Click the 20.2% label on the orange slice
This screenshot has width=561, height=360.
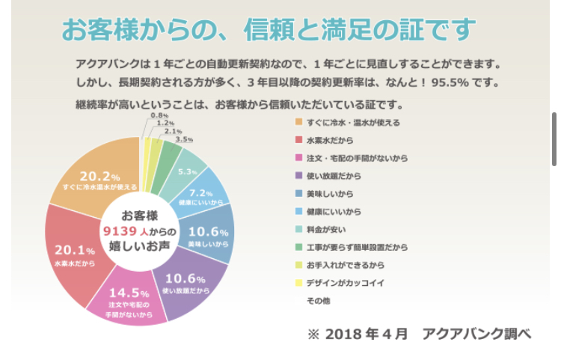coord(99,177)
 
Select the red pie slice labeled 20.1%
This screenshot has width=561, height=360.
coord(74,251)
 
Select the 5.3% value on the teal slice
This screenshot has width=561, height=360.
coord(187,172)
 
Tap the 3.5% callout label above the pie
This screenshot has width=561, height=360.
coord(184,139)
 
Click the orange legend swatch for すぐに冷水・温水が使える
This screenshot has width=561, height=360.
coord(298,123)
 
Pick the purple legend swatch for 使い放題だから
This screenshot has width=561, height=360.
coord(298,176)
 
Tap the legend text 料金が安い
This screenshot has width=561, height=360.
coord(325,229)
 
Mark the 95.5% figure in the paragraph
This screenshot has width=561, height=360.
coord(456,82)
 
